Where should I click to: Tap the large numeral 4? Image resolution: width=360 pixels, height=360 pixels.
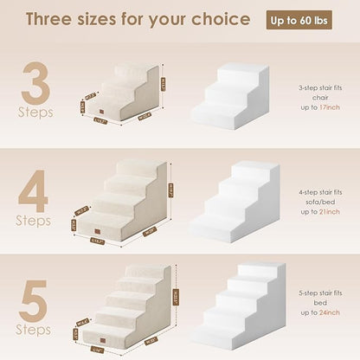(34, 188)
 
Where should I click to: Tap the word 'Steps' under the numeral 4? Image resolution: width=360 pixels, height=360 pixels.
(34, 221)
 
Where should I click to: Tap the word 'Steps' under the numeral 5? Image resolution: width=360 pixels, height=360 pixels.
(34, 330)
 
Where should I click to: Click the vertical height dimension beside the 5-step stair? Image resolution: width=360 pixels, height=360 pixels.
(177, 299)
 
